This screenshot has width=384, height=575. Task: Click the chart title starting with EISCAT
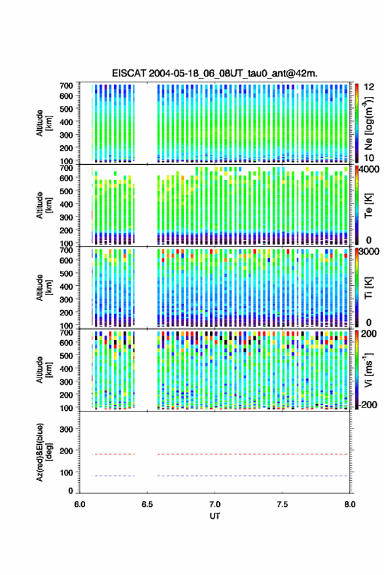215,73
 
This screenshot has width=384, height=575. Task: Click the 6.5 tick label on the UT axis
147,504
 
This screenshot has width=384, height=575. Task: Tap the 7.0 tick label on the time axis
215,504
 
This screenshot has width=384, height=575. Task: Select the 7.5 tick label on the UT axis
282,504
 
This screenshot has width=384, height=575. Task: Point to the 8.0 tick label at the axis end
350,504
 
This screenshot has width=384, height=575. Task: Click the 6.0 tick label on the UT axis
80,504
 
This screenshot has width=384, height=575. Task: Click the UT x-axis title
215,516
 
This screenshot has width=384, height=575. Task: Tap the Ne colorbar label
369,123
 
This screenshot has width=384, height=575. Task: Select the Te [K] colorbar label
368,205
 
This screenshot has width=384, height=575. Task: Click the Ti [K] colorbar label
368,288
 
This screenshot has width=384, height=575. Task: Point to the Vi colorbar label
368,370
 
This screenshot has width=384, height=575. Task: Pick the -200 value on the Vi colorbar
368,404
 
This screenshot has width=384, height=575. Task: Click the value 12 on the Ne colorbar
370,87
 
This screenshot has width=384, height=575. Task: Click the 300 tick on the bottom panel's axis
66,429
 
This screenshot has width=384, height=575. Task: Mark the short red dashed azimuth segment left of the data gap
113,455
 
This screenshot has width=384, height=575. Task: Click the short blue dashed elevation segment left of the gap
113,476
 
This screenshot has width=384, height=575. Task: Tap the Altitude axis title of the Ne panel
44,123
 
